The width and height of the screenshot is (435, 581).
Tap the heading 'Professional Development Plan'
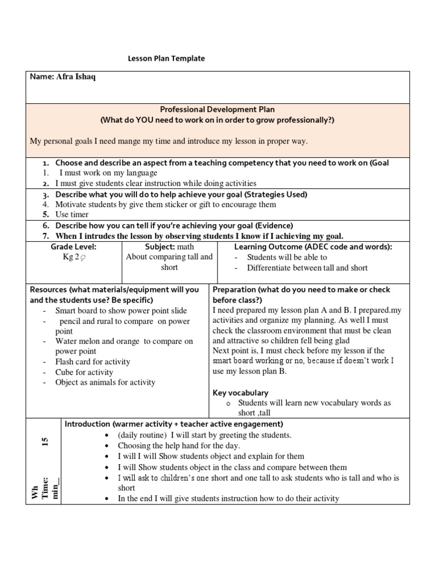[x=217, y=109]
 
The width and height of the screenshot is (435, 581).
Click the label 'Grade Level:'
[x=74, y=247]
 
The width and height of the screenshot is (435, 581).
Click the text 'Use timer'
[x=72, y=214]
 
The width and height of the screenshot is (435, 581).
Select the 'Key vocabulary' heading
[x=240, y=393]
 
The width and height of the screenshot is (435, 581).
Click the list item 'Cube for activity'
[x=84, y=372]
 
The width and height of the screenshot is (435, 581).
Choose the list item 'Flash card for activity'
[x=92, y=361]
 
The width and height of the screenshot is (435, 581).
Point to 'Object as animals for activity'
[x=105, y=382]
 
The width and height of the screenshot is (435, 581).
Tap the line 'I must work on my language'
[x=108, y=172]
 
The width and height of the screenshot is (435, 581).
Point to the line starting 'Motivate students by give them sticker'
[x=165, y=204]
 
